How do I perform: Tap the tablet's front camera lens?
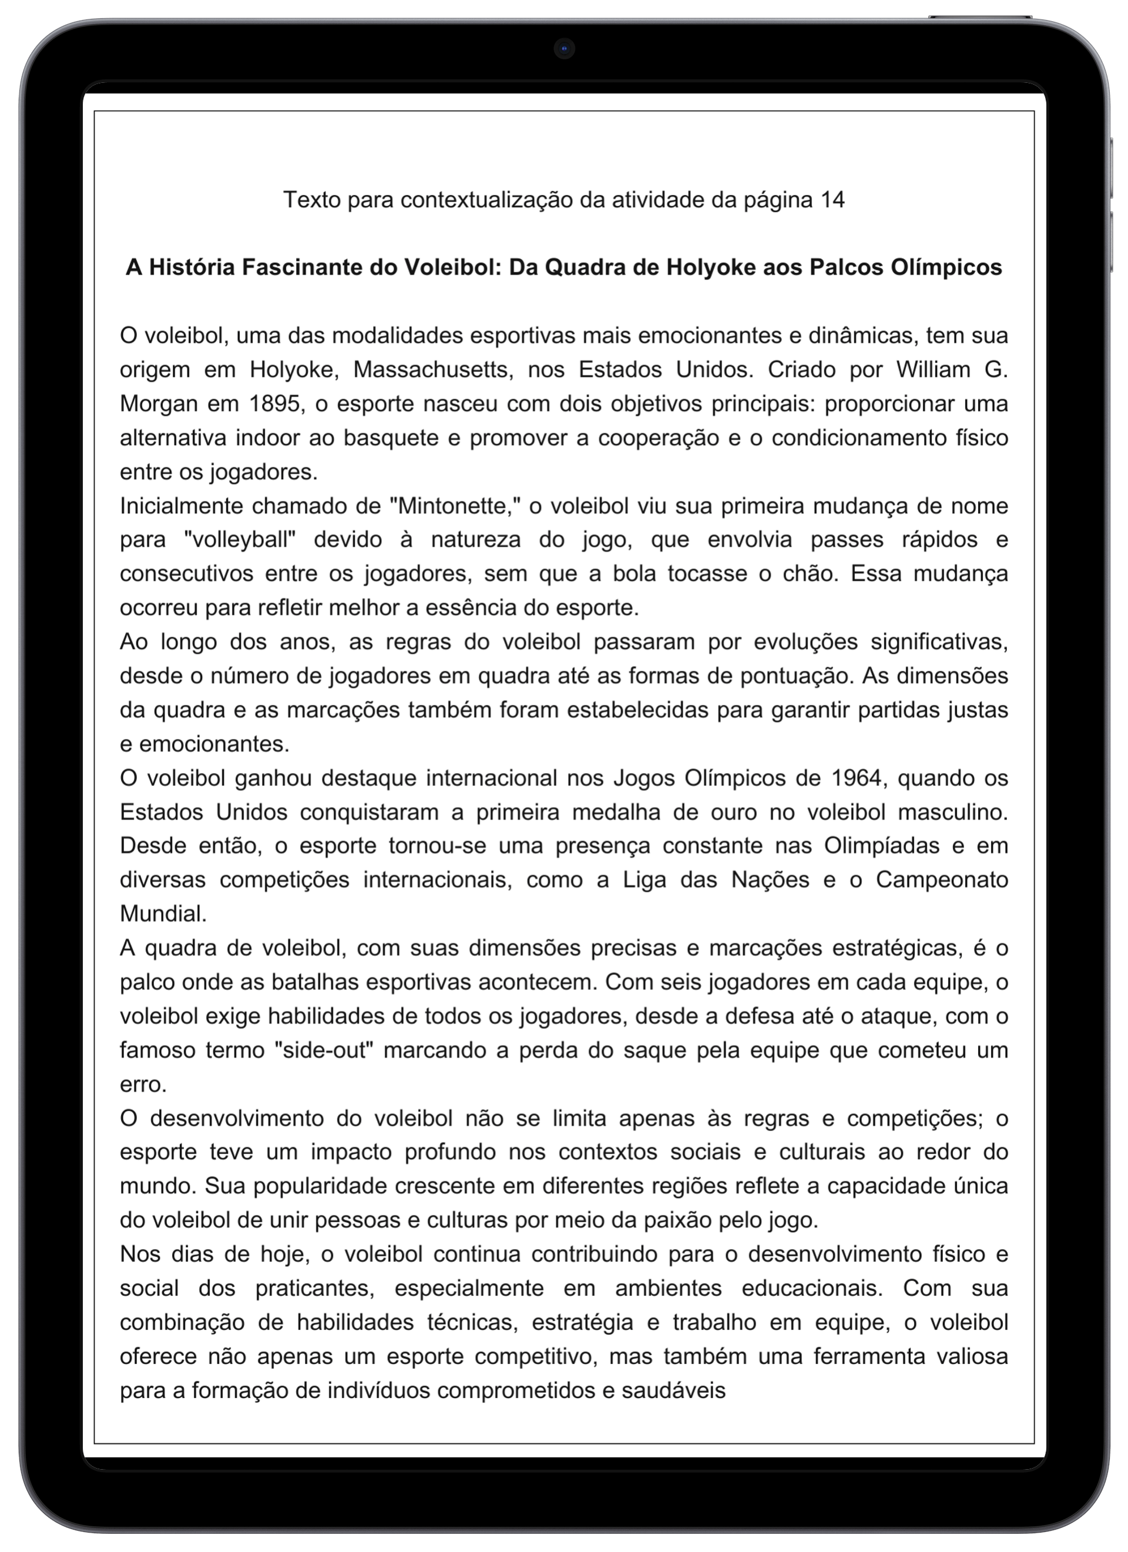tap(563, 49)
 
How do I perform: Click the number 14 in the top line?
tap(832, 200)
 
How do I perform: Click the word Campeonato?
tap(942, 880)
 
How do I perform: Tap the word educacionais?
tap(813, 1288)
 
